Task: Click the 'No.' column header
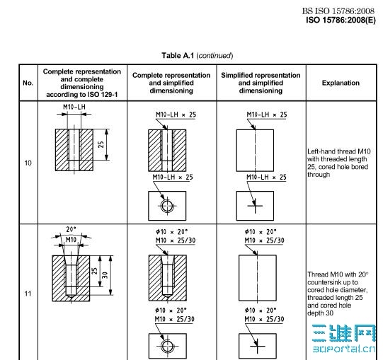tap(28, 83)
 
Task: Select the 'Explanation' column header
tap(341, 83)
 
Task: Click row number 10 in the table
tap(28, 163)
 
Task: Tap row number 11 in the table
tap(28, 293)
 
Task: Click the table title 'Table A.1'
tap(178, 55)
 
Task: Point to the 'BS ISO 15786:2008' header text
tap(338, 11)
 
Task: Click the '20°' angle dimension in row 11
tap(71, 229)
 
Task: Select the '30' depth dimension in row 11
tap(105, 275)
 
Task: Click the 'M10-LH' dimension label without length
tap(74, 107)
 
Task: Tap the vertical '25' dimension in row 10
tap(101, 144)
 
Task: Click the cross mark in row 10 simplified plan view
tap(255, 206)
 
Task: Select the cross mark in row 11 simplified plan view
tap(257, 346)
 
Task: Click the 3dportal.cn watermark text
tap(344, 349)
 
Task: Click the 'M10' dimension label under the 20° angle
tap(71, 240)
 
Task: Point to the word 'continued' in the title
tap(215, 56)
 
